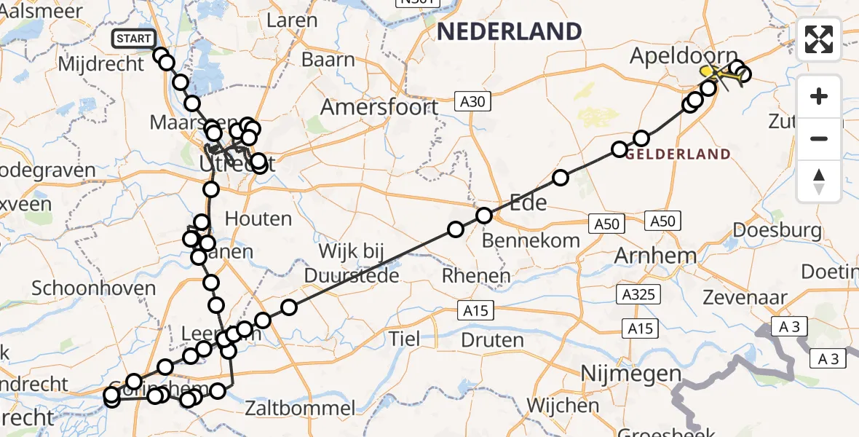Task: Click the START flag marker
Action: point(133,39)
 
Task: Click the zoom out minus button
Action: point(819,138)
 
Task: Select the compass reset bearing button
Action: point(819,181)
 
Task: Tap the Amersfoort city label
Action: point(379,108)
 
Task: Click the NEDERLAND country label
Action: point(509,31)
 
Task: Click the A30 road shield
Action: point(472,102)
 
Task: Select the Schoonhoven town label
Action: point(95,288)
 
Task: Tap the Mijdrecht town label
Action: point(100,64)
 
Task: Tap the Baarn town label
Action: point(328,60)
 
